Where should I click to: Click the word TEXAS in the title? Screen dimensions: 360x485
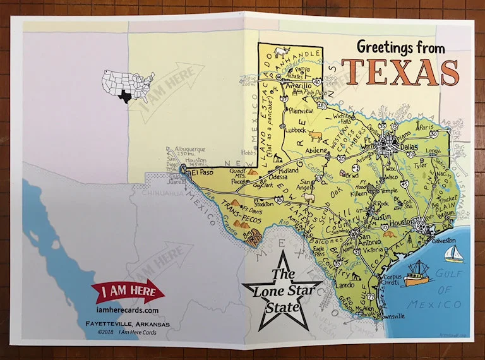[400, 71]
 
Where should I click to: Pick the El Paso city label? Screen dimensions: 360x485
[199, 171]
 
